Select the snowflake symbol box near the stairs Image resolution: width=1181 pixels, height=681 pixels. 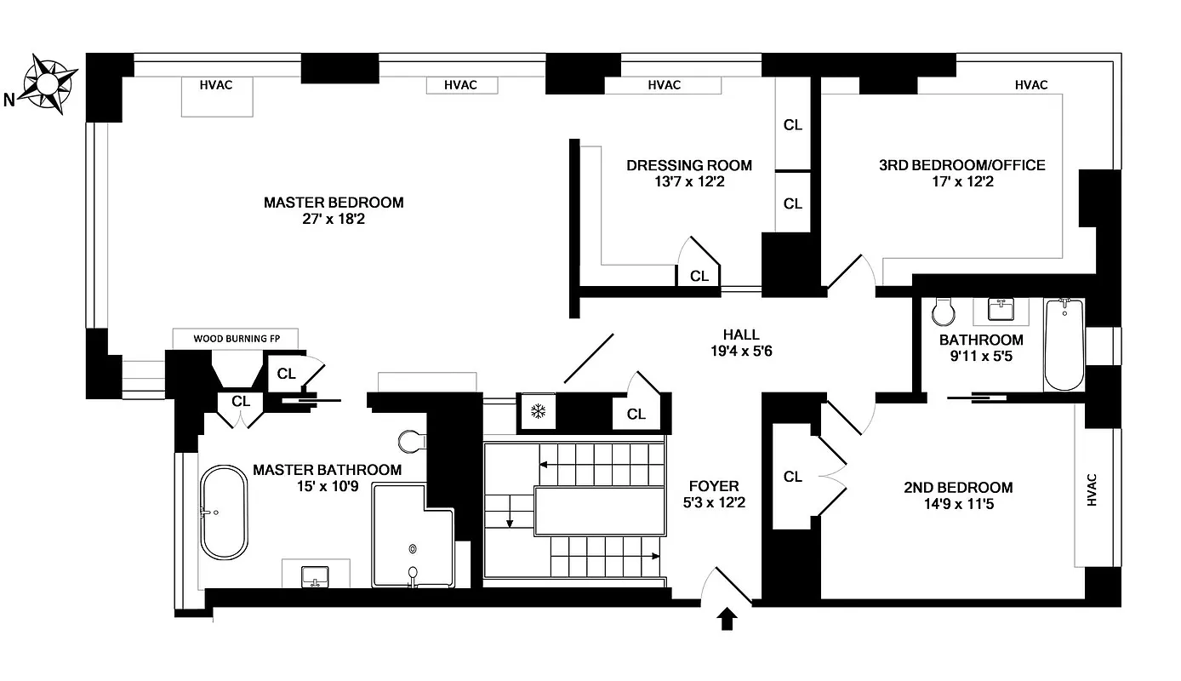pyautogui.click(x=537, y=412)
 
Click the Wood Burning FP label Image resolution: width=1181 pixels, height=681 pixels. pyautogui.click(x=237, y=338)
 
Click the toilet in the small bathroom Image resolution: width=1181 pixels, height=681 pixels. pyautogui.click(x=943, y=312)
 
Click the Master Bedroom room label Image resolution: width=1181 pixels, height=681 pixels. pyautogui.click(x=334, y=203)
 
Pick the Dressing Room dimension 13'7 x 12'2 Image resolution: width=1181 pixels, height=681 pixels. pyautogui.click(x=689, y=181)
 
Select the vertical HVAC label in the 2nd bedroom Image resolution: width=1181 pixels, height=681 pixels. pyautogui.click(x=1093, y=489)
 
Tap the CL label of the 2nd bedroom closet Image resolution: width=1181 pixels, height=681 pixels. pyautogui.click(x=793, y=477)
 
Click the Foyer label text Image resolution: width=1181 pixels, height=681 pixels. pyautogui.click(x=714, y=487)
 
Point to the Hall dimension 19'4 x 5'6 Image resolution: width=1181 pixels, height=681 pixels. pyautogui.click(x=740, y=351)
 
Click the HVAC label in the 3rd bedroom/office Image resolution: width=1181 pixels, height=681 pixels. pyautogui.click(x=1031, y=85)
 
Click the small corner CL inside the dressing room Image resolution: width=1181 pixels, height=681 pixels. pyautogui.click(x=699, y=276)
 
